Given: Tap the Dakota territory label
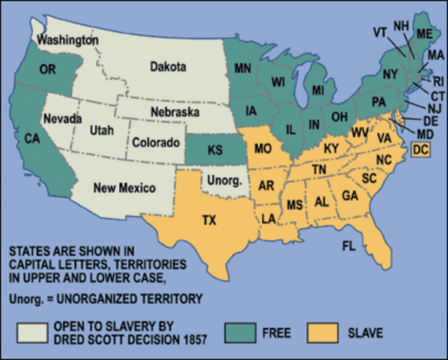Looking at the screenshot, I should coord(168,67).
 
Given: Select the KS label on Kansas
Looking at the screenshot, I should coord(215,151).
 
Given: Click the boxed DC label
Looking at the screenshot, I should coord(420,150).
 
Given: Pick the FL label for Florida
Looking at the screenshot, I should coord(349,245).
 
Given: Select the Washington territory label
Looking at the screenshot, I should coord(67,39).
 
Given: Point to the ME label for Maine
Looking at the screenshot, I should coord(423,34).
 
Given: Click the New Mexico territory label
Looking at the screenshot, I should coord(124,187).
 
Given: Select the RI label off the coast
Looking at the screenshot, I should coord(438,82).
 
